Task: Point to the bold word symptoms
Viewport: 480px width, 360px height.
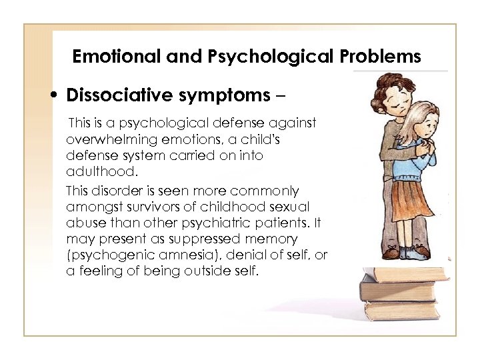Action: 221,96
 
